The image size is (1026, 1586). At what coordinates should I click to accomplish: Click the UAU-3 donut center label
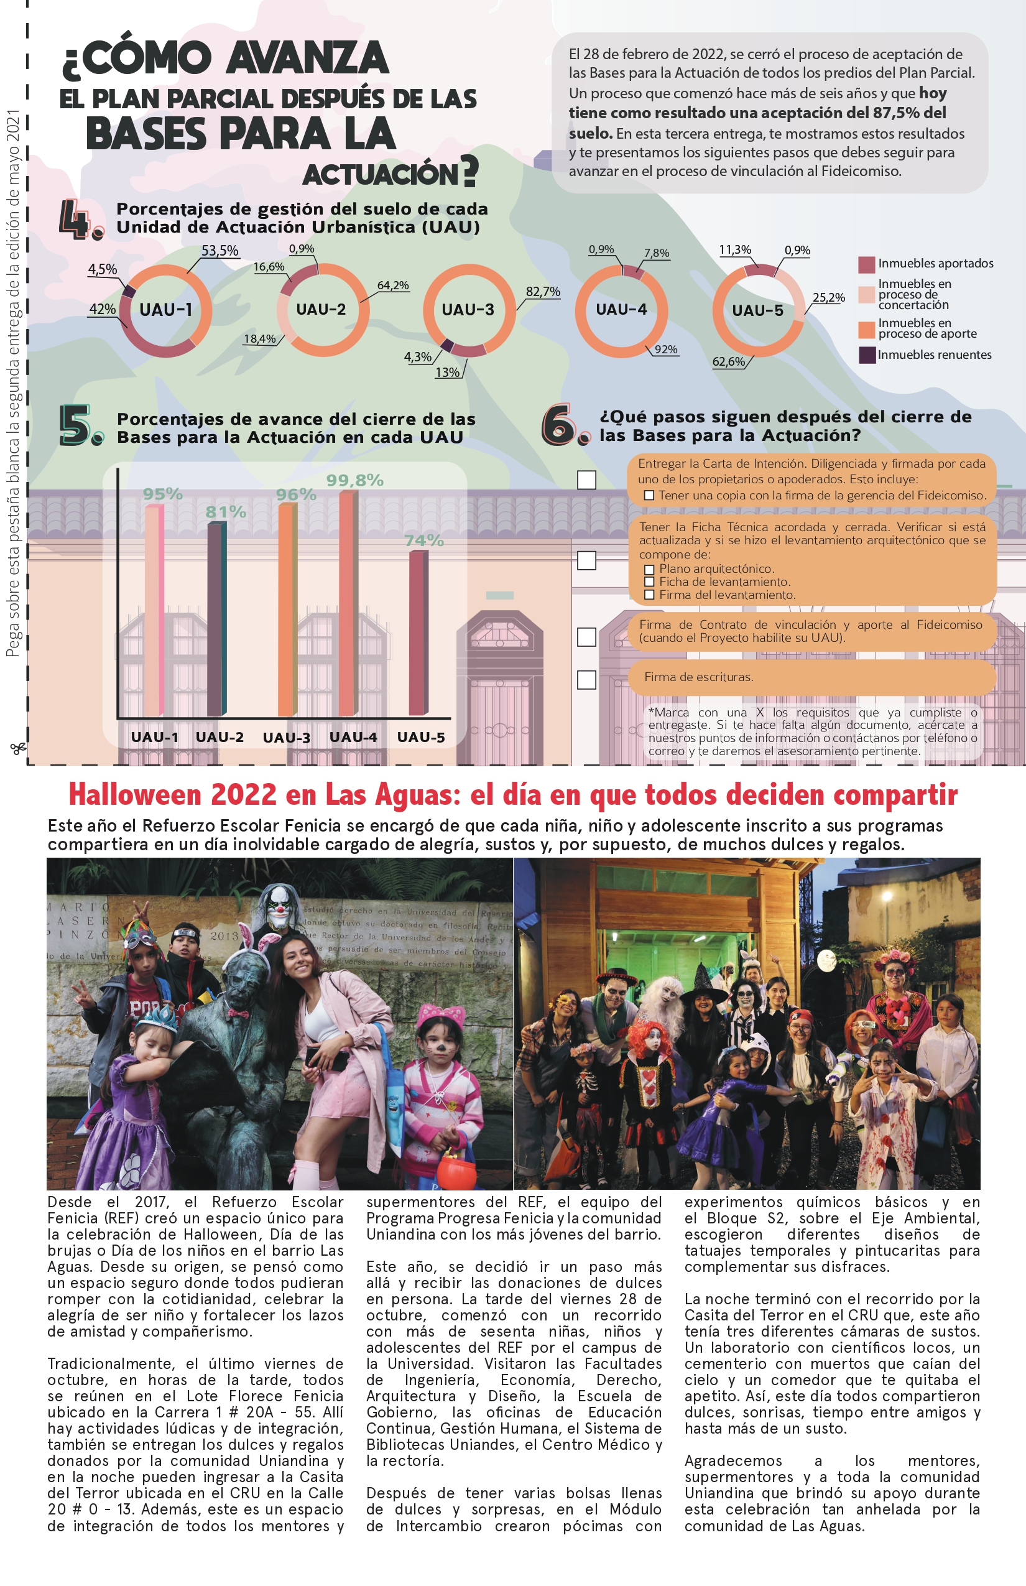(x=468, y=310)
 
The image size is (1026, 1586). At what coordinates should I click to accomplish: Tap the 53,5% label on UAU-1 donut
(x=220, y=251)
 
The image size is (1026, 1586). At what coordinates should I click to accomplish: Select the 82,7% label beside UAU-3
(x=542, y=292)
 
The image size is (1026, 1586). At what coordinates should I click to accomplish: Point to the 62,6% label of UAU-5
(x=729, y=362)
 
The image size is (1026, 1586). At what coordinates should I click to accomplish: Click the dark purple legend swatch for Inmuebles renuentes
(x=867, y=355)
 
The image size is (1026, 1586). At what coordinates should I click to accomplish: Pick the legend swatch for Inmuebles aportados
(x=866, y=264)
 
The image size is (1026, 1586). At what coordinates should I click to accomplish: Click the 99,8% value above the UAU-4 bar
(x=354, y=480)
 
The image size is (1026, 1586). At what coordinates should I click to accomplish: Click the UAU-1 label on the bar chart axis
(x=154, y=738)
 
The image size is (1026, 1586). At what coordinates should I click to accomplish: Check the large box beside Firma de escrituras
(x=586, y=680)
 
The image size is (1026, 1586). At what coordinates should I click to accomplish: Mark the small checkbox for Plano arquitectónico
(x=649, y=570)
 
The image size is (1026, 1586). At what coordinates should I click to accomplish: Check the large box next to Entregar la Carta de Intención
(x=586, y=480)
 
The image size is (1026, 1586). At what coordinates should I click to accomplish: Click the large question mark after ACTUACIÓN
(x=469, y=170)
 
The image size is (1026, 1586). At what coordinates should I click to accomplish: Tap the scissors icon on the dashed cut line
(x=18, y=748)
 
